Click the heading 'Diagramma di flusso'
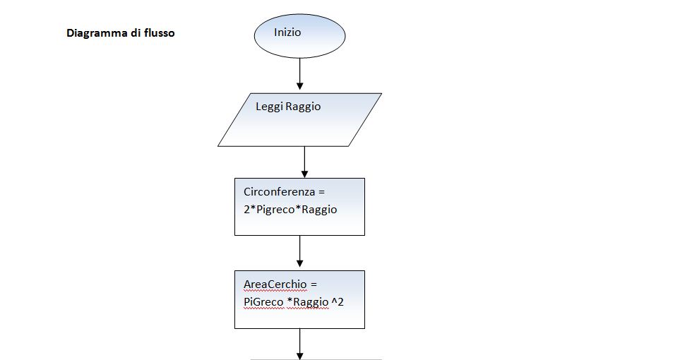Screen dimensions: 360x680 pyautogui.click(x=120, y=32)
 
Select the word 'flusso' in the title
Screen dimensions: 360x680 pyautogui.click(x=158, y=32)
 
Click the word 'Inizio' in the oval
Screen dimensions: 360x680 pyautogui.click(x=287, y=32)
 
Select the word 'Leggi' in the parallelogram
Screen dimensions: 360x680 pyautogui.click(x=268, y=107)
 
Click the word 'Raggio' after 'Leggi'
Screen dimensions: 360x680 pyautogui.click(x=303, y=107)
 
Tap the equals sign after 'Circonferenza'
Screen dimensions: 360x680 pyautogui.click(x=318, y=191)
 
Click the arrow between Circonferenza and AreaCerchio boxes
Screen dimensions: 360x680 pyautogui.click(x=300, y=251)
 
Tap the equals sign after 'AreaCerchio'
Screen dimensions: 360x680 pyautogui.click(x=314, y=284)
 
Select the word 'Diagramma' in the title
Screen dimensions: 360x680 pyautogui.click(x=97, y=32)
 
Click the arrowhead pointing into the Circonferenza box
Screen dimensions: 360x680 pyautogui.click(x=304, y=173)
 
